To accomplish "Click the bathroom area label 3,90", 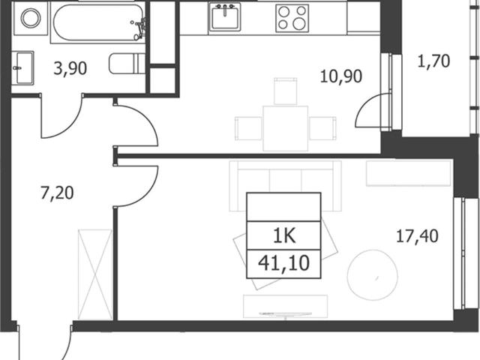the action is click(x=70, y=68).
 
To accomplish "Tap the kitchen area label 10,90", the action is click(x=341, y=76).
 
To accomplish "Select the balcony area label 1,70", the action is click(x=433, y=61).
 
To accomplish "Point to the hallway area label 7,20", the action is click(x=57, y=193).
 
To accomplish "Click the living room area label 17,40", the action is click(x=417, y=236).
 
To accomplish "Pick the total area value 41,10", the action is click(x=283, y=263).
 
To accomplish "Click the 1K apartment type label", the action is click(x=284, y=236).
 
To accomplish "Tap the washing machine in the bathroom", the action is click(x=31, y=18).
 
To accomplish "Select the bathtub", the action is click(x=98, y=22).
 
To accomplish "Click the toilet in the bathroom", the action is click(x=127, y=63).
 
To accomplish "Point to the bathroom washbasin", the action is click(x=22, y=67).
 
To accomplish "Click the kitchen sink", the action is click(x=225, y=16).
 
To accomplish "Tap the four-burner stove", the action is click(x=292, y=18).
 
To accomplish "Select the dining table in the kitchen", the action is click(x=285, y=128).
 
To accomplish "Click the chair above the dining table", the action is click(x=285, y=91).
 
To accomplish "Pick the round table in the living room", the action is click(x=373, y=275).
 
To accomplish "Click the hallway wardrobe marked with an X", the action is click(x=95, y=274).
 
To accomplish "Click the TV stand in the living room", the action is click(x=285, y=306).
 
